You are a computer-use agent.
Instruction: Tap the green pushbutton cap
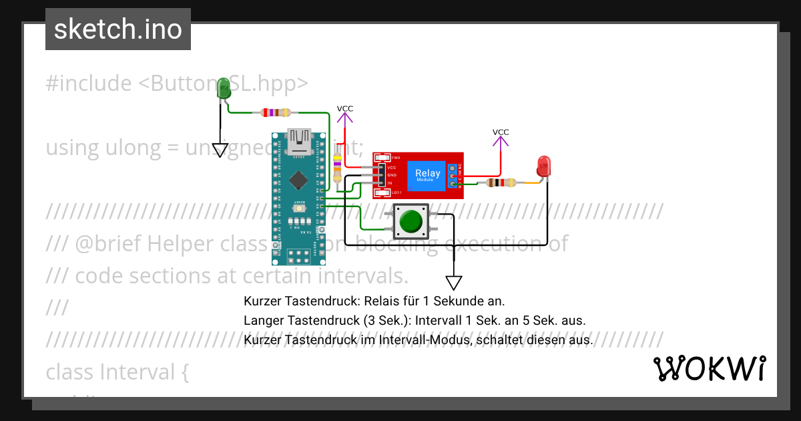pyautogui.click(x=410, y=221)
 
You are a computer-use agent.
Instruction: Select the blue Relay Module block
pyautogui.click(x=428, y=174)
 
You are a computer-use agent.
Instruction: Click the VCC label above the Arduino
pyautogui.click(x=345, y=108)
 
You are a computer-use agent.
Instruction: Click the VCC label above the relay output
pyautogui.click(x=501, y=132)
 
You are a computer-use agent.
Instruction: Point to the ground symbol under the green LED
pyautogui.click(x=220, y=150)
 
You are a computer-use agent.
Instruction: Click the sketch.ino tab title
pyautogui.click(x=117, y=29)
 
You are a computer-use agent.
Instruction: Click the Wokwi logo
pyautogui.click(x=709, y=368)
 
